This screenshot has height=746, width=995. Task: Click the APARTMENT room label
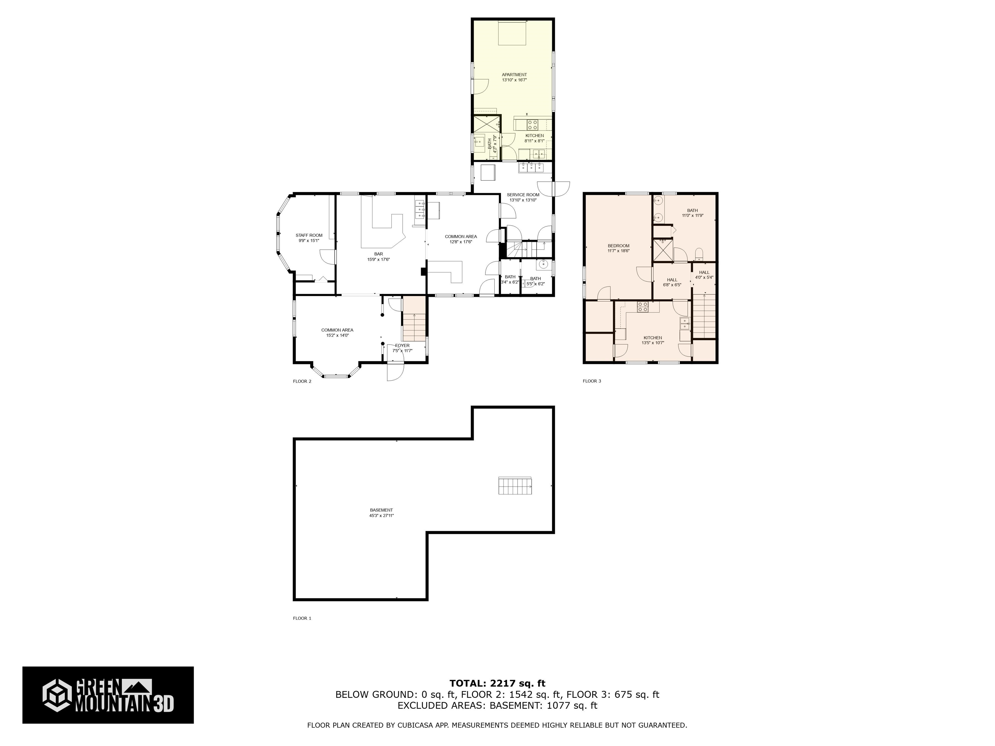click(x=514, y=75)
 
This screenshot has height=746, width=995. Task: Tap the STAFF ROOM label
click(x=309, y=235)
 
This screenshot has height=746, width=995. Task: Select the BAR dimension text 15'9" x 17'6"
click(x=378, y=259)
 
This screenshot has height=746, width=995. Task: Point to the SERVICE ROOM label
click(x=523, y=195)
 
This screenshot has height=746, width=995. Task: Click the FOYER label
click(x=402, y=345)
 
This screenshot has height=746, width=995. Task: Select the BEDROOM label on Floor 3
click(x=619, y=245)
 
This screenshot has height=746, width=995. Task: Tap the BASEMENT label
click(x=382, y=510)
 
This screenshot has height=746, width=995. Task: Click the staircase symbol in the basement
click(x=515, y=486)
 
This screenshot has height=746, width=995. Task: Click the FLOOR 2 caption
click(x=302, y=381)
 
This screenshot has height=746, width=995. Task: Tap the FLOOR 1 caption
click(x=302, y=618)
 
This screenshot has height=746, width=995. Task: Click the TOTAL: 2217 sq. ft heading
click(x=497, y=684)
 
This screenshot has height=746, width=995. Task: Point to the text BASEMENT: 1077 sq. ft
click(x=543, y=706)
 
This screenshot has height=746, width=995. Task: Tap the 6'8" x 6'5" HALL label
click(x=672, y=285)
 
